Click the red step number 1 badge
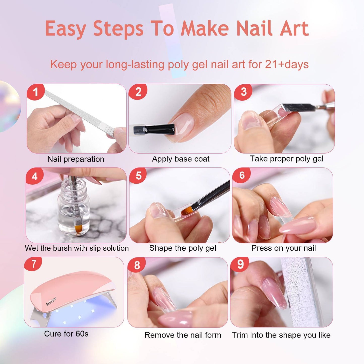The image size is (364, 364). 36,92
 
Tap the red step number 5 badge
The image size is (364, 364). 138,176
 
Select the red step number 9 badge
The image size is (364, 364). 240,264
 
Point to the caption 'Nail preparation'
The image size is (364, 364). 76,159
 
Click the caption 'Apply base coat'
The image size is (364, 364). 181,159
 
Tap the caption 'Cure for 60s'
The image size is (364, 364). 66,334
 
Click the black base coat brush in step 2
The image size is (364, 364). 154,129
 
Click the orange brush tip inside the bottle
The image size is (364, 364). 78,229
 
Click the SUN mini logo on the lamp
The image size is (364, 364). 51,301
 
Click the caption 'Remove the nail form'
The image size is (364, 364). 183,335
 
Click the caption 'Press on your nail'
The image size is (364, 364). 283,248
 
